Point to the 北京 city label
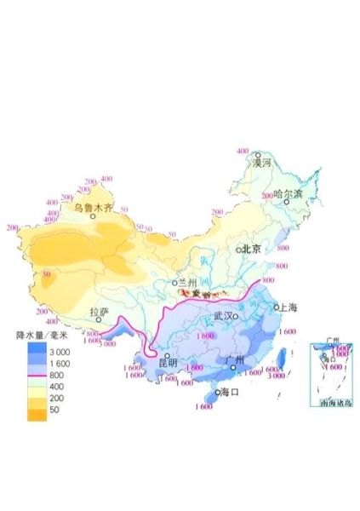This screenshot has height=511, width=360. [x=251, y=249]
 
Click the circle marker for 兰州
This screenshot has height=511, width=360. [x=174, y=283]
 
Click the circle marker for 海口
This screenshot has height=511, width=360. [x=217, y=393]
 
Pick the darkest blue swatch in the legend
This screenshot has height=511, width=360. [x=35, y=349]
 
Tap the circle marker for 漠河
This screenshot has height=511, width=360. [x=258, y=155]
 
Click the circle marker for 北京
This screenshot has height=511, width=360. [x=239, y=250]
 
